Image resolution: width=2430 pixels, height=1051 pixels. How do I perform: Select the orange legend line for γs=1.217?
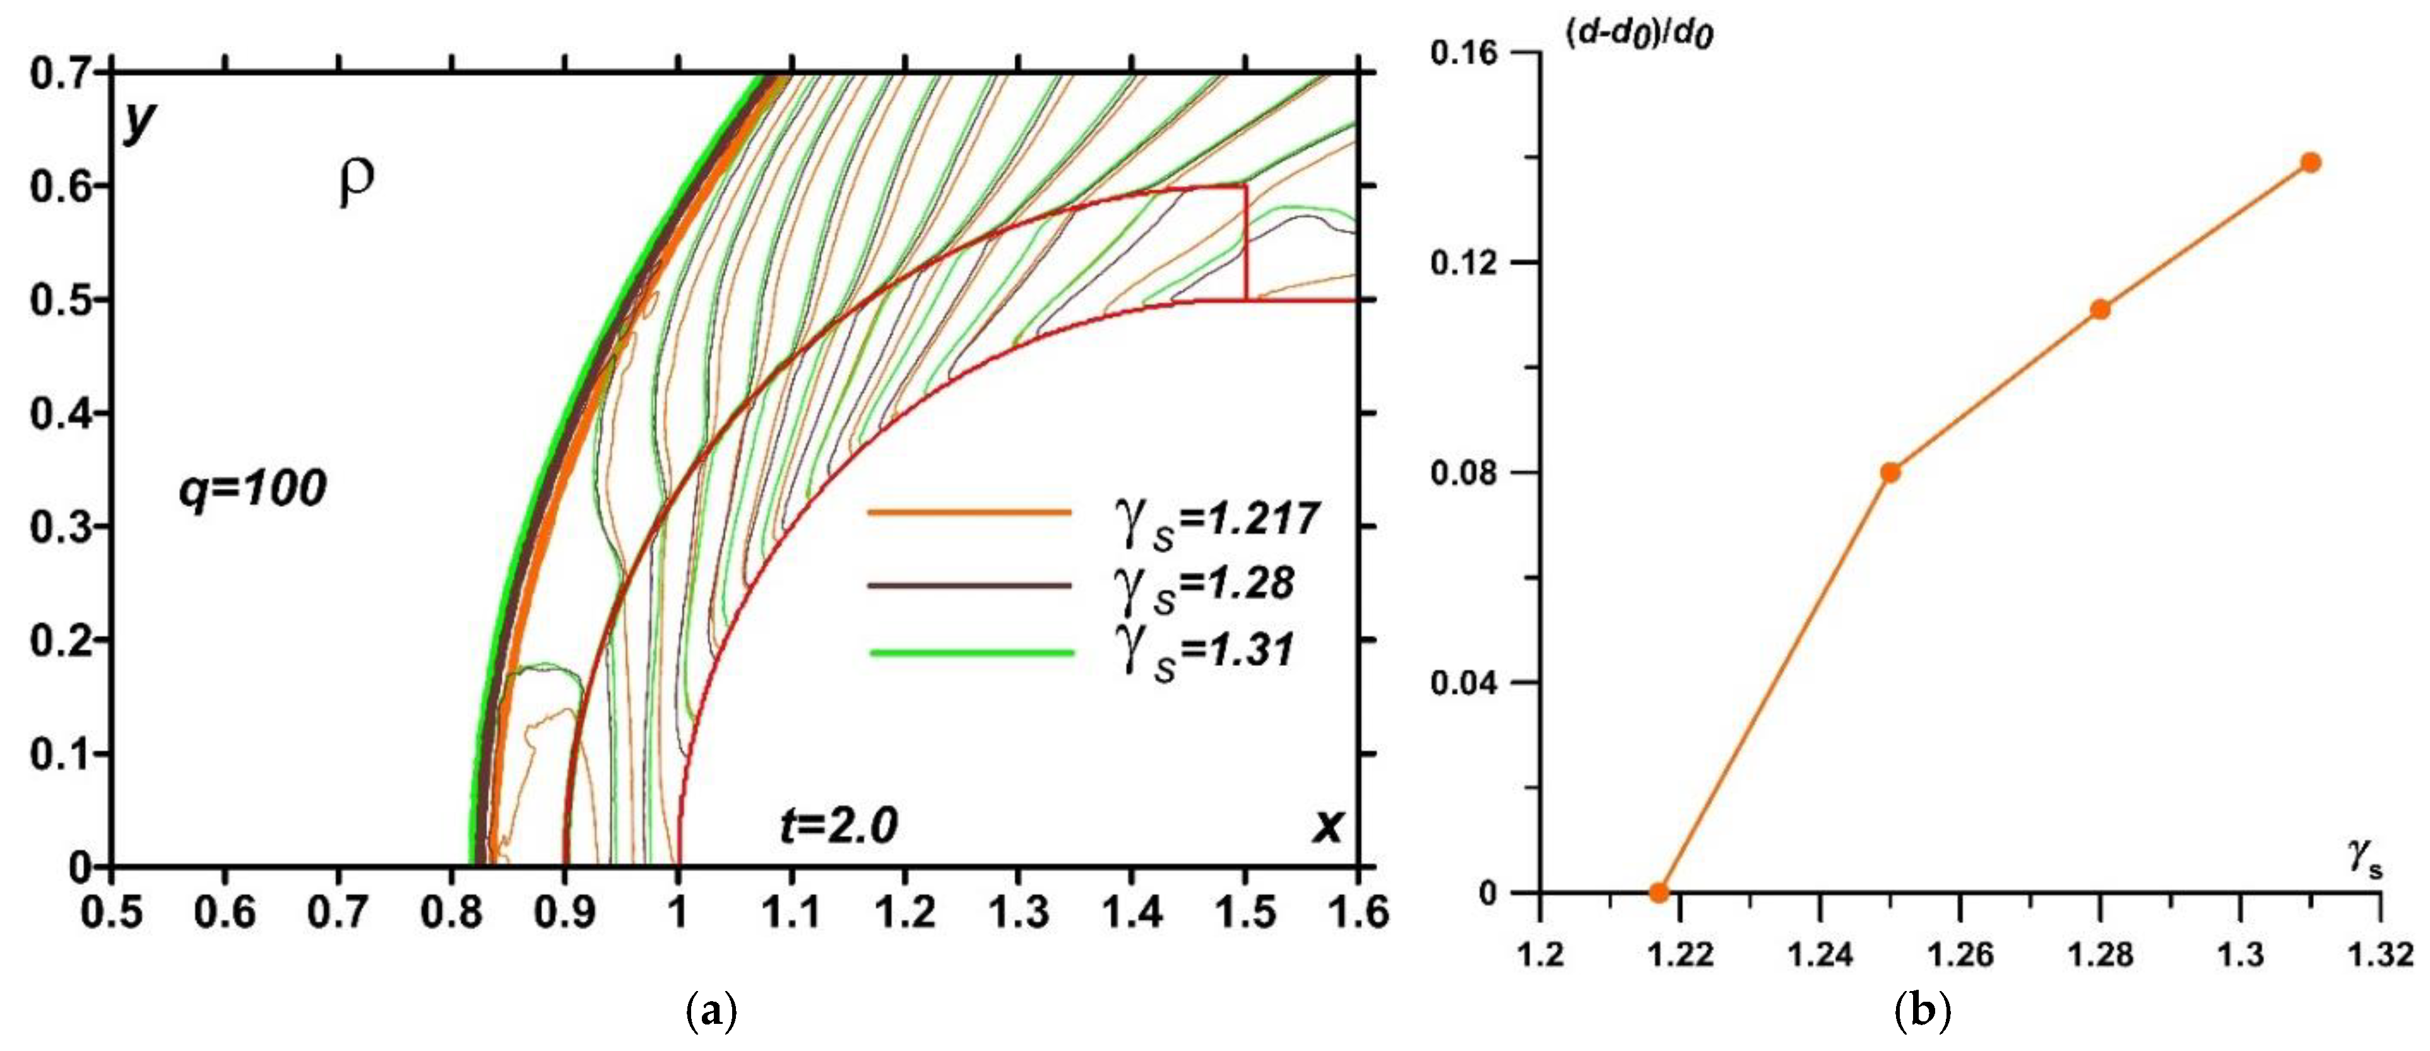click(x=969, y=513)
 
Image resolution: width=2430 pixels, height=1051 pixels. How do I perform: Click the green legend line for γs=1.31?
click(x=971, y=653)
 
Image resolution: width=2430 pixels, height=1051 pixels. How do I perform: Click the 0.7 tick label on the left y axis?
click(x=59, y=73)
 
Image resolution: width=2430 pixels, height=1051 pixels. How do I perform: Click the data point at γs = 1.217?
click(x=1659, y=891)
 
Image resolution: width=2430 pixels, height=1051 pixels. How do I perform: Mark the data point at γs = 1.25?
click(x=1890, y=472)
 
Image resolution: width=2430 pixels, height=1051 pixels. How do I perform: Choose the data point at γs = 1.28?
click(x=2100, y=309)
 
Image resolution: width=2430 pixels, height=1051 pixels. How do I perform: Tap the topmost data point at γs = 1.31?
click(x=2310, y=162)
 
